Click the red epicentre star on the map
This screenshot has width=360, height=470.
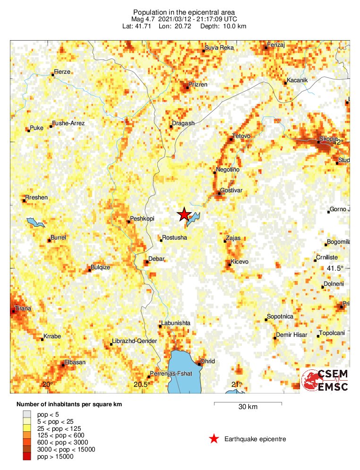tap(184, 214)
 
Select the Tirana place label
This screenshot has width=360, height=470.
tap(23, 308)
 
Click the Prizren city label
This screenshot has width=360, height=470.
tap(198, 84)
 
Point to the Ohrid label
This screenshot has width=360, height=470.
tap(208, 361)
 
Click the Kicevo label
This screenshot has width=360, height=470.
tap(240, 262)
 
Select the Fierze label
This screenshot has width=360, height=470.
tap(62, 72)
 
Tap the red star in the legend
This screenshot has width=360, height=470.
tap(214, 439)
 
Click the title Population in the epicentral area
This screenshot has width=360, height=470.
tap(184, 12)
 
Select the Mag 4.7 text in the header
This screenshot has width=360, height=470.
tap(143, 19)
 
